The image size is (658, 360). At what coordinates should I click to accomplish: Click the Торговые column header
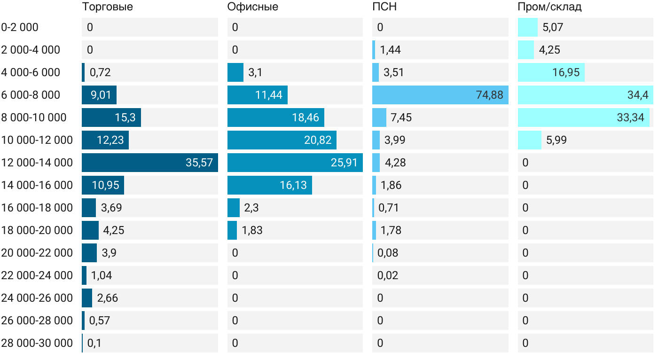point(107,7)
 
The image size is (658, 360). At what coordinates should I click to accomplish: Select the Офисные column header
point(252,7)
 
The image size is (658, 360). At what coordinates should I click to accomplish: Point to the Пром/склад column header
point(549,7)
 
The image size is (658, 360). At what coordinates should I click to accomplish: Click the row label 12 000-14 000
point(37,163)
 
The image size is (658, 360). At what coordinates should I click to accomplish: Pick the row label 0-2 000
point(20,27)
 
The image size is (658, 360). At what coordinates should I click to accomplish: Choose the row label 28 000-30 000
point(37,343)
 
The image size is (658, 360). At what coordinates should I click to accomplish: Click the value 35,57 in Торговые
point(199,163)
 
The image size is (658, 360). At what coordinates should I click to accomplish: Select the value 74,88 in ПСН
point(489,95)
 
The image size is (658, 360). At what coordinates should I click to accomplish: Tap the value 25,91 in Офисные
point(344,163)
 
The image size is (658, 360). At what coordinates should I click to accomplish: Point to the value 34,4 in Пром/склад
point(638,95)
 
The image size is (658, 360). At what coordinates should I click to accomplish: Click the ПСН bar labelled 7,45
point(379,117)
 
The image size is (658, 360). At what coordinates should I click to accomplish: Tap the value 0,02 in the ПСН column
point(388,275)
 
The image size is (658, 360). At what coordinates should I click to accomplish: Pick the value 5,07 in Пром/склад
point(553,27)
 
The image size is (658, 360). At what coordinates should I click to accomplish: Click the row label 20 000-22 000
point(37,253)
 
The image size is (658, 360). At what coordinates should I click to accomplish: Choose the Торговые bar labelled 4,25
point(90,230)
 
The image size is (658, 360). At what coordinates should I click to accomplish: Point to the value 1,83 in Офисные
point(252,230)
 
